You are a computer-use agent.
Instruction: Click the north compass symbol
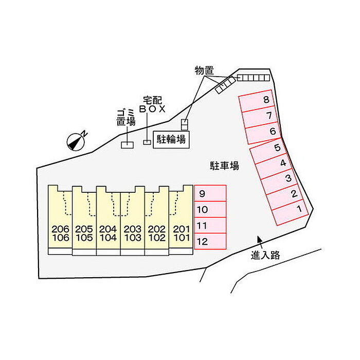(77, 140)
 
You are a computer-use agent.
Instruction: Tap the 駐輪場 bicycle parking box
(171, 139)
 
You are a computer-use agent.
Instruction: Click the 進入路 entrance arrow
(259, 239)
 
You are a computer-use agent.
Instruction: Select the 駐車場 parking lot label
(224, 166)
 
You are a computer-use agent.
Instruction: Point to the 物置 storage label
(204, 70)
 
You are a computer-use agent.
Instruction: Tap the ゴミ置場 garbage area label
(125, 117)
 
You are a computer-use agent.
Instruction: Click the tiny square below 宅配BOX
(147, 142)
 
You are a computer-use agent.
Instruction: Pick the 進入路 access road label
(265, 255)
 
